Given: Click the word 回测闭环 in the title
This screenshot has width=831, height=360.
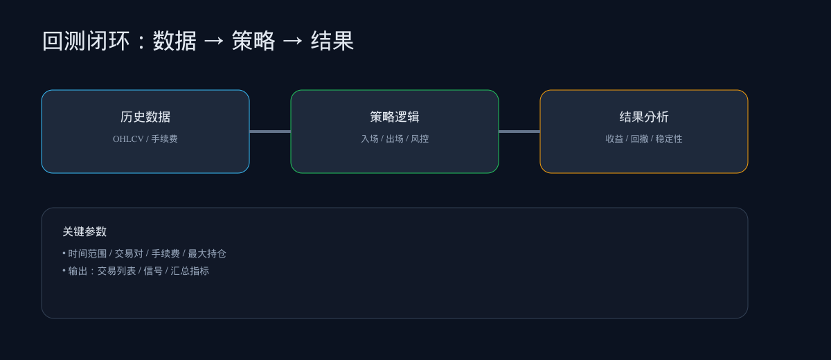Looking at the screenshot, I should click(86, 42).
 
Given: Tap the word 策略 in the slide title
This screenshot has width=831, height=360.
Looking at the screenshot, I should click(253, 42).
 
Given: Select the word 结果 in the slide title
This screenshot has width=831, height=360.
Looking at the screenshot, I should click(332, 42).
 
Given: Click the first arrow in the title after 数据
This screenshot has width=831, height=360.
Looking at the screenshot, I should click(214, 42).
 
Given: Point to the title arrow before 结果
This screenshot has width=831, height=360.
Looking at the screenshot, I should click(293, 42).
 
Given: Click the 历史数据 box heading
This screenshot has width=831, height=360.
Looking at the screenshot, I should click(145, 117).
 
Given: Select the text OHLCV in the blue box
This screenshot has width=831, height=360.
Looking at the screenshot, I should click(128, 139).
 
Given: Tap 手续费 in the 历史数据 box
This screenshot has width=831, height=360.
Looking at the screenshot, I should click(165, 139).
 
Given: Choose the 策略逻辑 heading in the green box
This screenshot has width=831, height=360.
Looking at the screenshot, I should click(395, 117).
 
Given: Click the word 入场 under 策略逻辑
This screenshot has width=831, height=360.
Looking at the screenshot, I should click(370, 139).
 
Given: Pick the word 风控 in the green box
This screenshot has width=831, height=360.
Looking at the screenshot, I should click(420, 139).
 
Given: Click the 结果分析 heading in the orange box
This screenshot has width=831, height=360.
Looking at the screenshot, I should click(644, 117).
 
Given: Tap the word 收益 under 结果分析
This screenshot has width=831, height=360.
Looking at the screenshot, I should click(614, 139).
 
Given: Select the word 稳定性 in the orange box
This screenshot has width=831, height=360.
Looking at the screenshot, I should click(669, 139).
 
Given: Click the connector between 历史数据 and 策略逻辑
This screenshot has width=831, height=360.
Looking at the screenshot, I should click(270, 132).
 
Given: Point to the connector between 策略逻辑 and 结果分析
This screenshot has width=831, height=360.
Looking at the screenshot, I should click(519, 132).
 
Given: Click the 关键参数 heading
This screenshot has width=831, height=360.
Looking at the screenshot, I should click(84, 232).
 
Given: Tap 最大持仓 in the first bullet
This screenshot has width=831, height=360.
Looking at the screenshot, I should click(207, 254).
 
